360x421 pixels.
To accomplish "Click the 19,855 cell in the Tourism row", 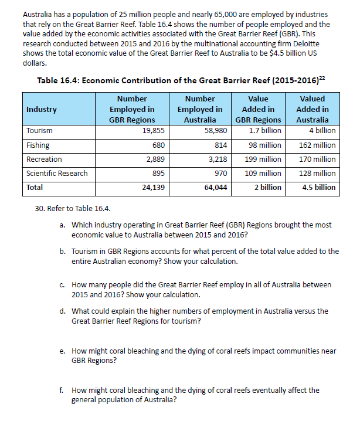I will point(153,131).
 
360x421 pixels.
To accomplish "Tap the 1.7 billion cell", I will point(265,131).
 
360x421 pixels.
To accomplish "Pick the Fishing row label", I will point(38,145).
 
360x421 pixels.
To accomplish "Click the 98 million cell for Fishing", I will point(265,145).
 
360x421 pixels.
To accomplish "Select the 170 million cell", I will point(317,159).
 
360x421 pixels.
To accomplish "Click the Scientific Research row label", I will point(57,173).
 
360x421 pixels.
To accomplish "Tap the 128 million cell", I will point(317,173).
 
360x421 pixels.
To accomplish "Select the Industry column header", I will point(42,110).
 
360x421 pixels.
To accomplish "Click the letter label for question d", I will point(62,311).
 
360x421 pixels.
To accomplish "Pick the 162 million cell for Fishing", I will point(317,145).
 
